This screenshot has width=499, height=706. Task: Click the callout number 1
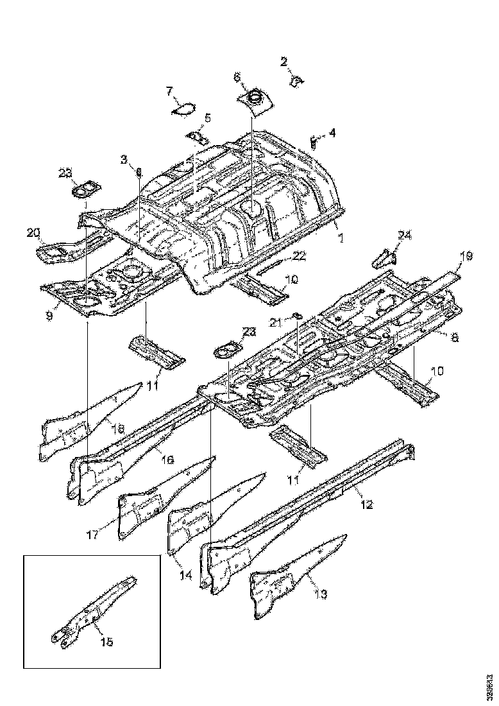click(341, 237)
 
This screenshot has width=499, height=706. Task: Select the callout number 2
click(284, 62)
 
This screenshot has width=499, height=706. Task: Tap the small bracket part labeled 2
click(296, 80)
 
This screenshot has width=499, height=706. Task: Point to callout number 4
click(332, 133)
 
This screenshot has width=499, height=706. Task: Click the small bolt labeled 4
click(313, 141)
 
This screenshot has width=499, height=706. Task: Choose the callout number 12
click(366, 504)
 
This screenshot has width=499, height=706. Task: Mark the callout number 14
click(185, 575)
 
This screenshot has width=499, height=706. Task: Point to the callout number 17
click(93, 534)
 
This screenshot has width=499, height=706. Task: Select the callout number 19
click(466, 256)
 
